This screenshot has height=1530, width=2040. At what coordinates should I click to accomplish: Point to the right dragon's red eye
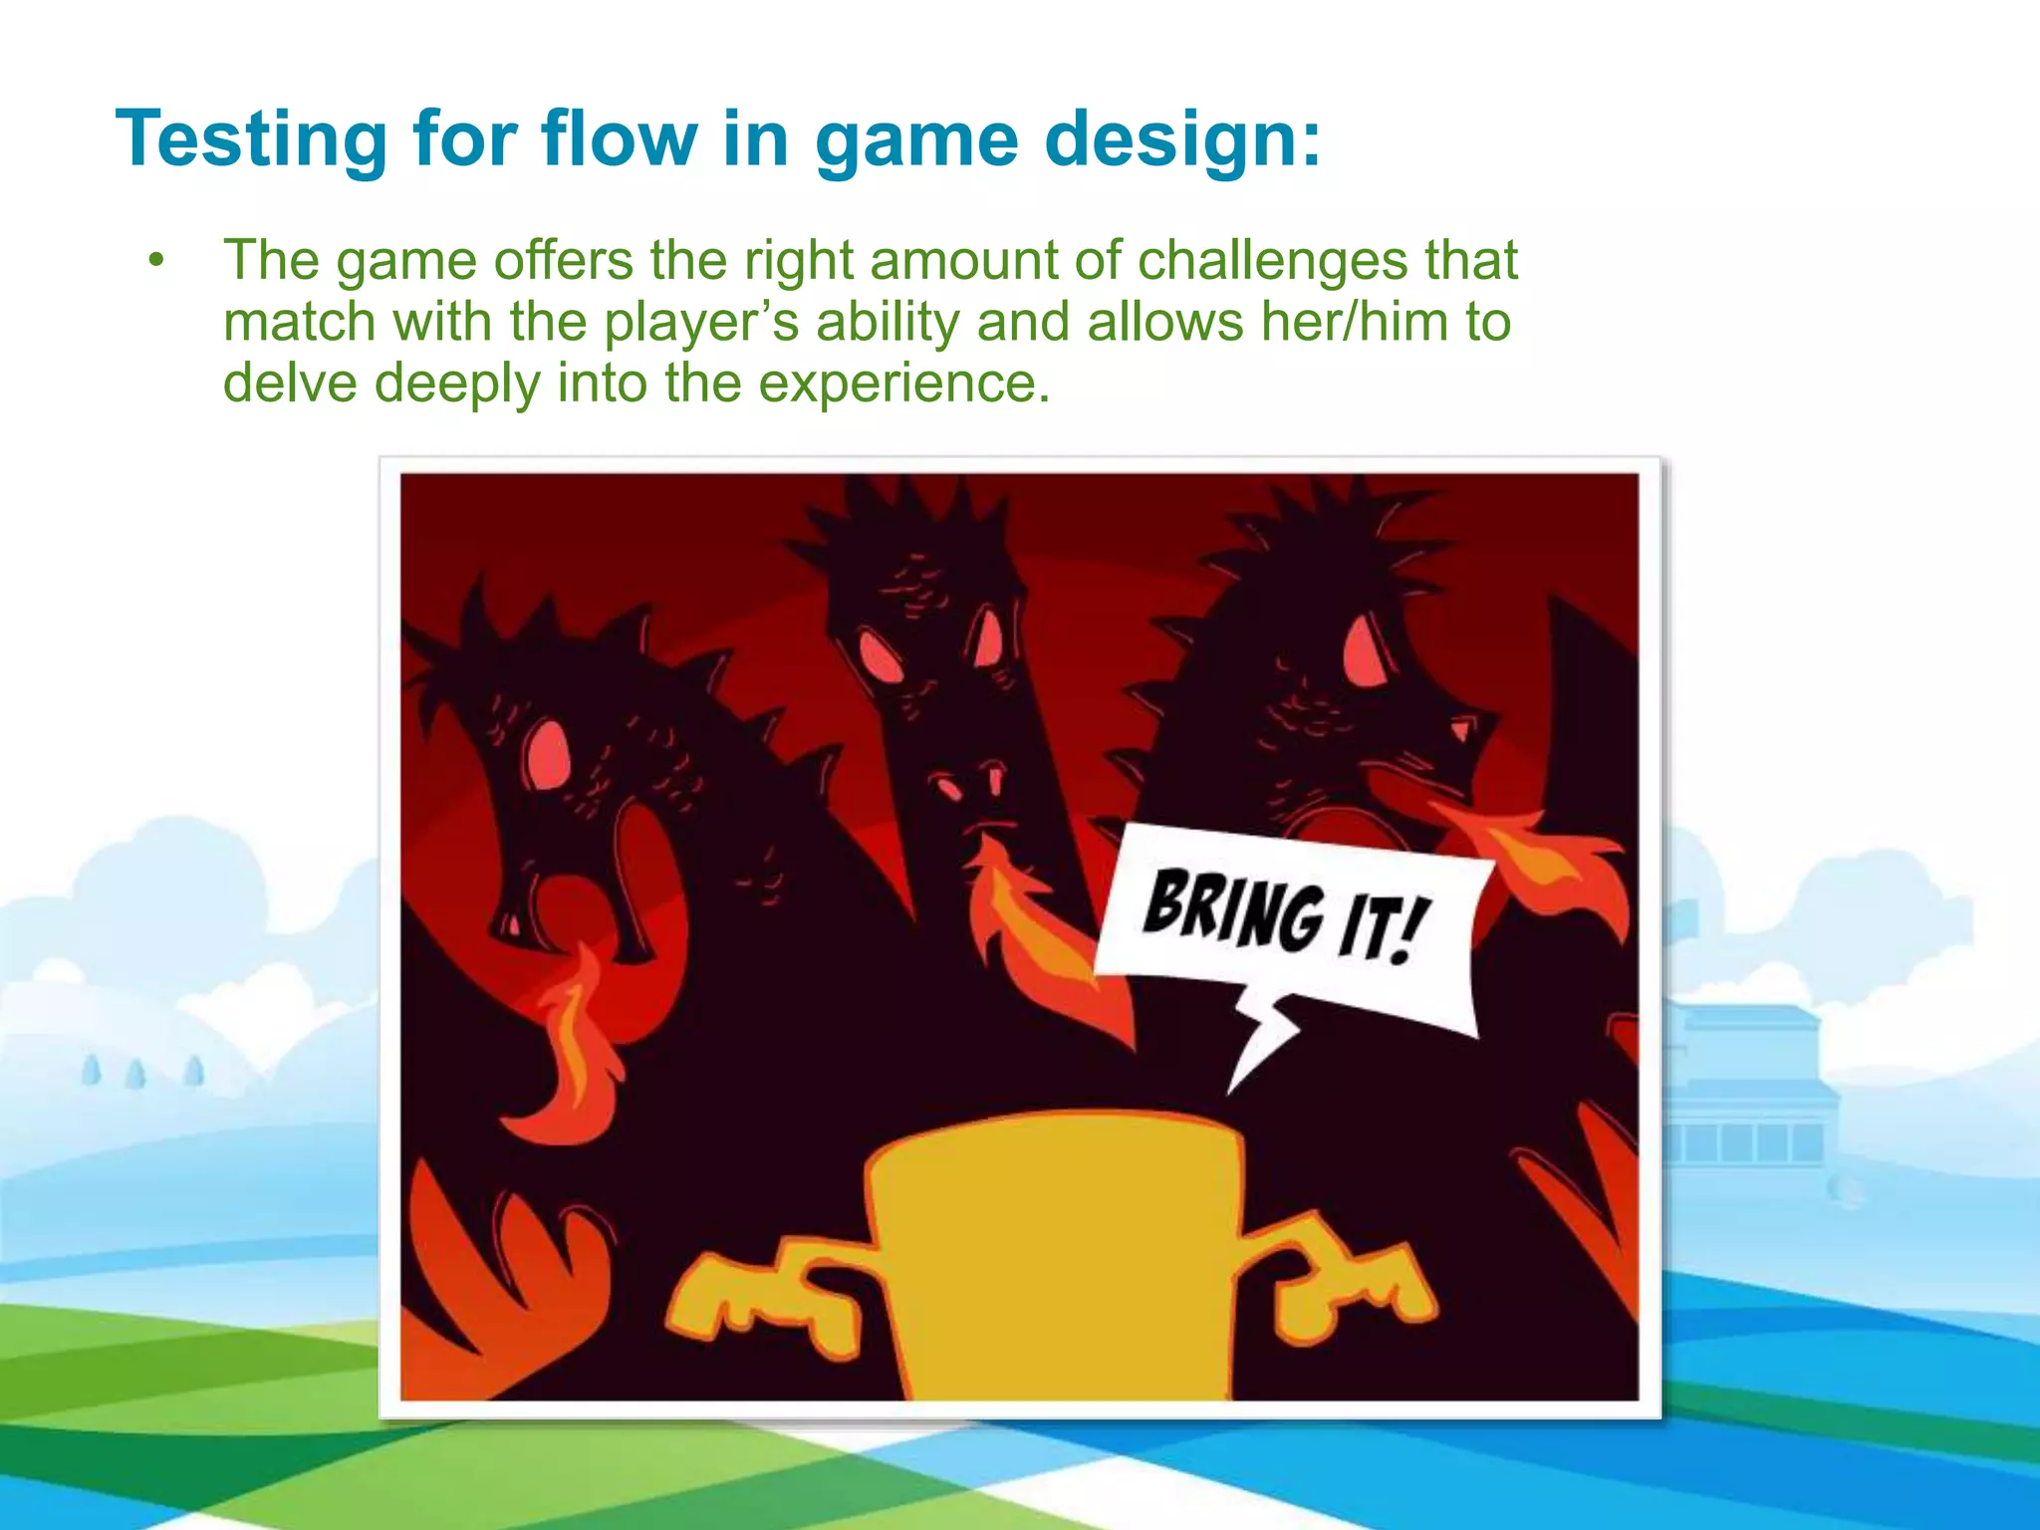pyautogui.click(x=1362, y=648)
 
